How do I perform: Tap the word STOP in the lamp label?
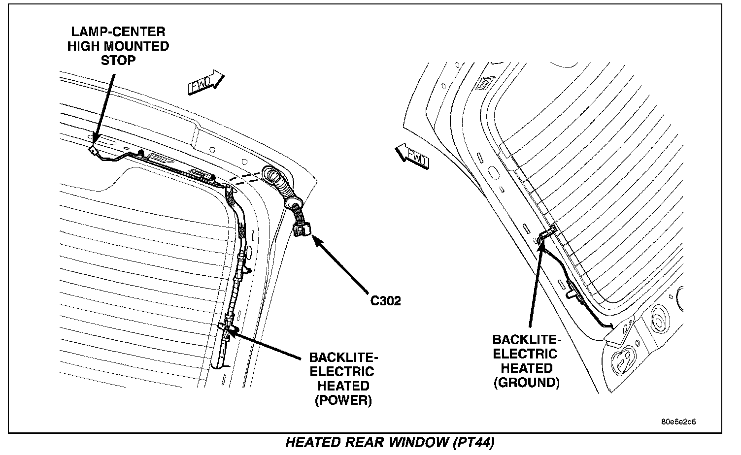tap(118, 60)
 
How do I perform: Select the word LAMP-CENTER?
tap(118, 32)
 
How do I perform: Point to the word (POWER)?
tap(343, 400)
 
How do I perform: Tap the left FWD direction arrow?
tap(205, 82)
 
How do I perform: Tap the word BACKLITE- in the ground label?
tap(526, 340)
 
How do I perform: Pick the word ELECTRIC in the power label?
tap(341, 372)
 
